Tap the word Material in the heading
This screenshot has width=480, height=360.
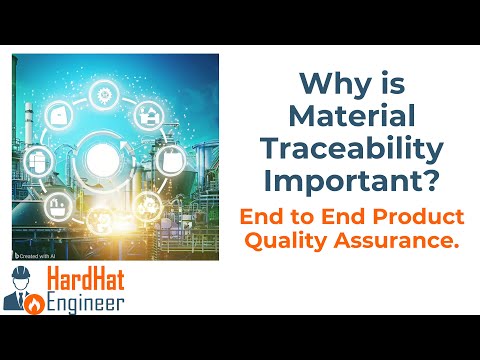365,117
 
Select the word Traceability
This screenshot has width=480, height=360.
365,150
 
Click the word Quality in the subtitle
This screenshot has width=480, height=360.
310,240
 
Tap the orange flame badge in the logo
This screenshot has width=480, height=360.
33,299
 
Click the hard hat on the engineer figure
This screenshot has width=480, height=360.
20,274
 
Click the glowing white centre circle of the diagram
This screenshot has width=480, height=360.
102,158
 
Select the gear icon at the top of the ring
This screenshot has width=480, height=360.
103,97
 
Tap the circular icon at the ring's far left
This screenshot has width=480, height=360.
43,158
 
